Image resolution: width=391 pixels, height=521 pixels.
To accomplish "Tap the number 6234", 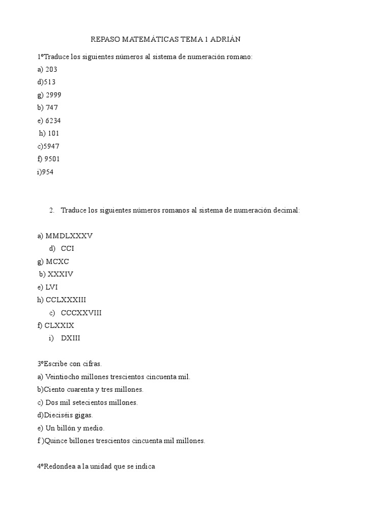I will click(x=52, y=121).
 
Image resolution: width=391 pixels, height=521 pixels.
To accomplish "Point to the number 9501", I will click(x=52, y=159).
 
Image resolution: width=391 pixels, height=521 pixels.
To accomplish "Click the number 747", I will click(x=52, y=107).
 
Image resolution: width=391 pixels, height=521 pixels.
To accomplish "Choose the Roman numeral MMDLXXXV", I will click(x=69, y=236).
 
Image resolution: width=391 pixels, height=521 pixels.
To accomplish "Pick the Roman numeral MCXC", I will click(x=57, y=262).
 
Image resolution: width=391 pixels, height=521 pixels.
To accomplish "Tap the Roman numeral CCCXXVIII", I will click(x=81, y=313).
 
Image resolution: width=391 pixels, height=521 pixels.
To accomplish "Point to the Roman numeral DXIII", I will click(x=71, y=338).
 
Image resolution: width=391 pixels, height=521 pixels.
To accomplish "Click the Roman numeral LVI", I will click(x=51, y=287).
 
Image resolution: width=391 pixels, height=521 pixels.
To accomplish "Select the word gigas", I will click(x=82, y=415).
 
